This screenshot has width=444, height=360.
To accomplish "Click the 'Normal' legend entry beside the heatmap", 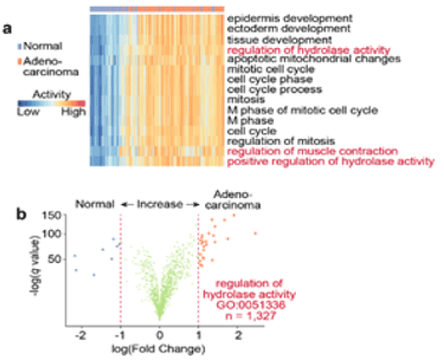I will click(41, 46).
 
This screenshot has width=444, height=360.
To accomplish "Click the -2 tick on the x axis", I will click(81, 336).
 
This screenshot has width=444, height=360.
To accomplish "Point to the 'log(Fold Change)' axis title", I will click(160, 348).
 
